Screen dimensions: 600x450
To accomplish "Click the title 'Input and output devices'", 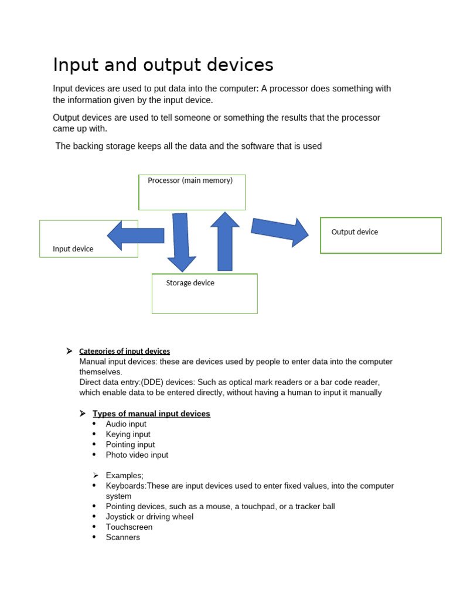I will point(163,64).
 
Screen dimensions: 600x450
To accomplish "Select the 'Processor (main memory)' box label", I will point(190,180).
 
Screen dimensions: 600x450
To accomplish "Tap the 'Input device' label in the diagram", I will point(73,249).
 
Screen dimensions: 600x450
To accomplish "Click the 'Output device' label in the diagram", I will point(354,232).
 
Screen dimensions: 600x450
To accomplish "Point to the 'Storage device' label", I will point(190,283).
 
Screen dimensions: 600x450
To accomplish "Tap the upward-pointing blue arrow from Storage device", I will point(225,241).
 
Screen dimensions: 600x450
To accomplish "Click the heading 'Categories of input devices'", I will point(124,352).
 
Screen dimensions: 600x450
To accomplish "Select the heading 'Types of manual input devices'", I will point(151,414).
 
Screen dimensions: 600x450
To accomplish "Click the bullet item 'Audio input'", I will point(126,424).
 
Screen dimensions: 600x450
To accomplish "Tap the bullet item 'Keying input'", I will point(128,434).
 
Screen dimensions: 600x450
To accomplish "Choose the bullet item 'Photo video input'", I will point(137,455).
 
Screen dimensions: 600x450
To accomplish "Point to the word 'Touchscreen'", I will point(129,527).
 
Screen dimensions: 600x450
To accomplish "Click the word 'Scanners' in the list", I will point(122,537).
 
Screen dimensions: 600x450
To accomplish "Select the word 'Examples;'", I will point(124,475).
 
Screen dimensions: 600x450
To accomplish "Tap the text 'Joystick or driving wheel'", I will point(149,517).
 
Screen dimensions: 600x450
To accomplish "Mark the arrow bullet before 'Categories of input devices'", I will point(69,351).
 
